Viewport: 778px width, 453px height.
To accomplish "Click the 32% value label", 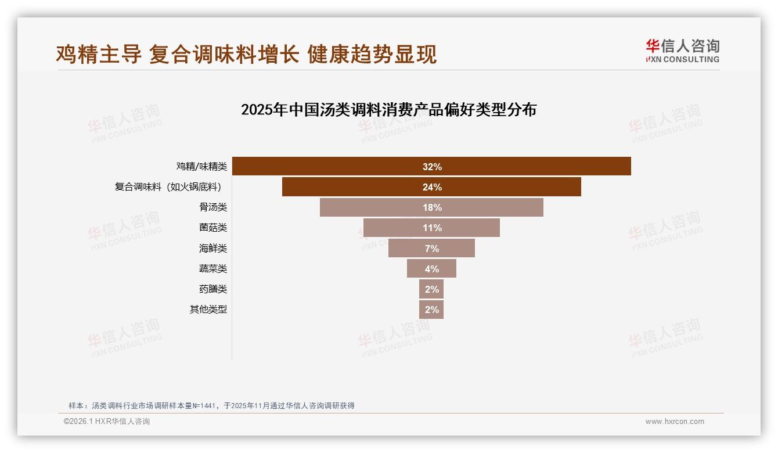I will point(432,167).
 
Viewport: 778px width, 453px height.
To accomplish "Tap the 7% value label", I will point(432,249).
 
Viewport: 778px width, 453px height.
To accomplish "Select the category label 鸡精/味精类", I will point(201,167).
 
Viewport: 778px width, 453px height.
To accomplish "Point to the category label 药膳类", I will point(212,289).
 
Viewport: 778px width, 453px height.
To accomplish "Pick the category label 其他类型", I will point(208,309).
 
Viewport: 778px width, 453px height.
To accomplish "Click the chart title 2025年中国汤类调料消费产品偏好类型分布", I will point(388,110).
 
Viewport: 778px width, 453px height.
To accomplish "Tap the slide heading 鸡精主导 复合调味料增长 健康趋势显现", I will point(246,54).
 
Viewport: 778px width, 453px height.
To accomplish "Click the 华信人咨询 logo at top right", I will point(682,51).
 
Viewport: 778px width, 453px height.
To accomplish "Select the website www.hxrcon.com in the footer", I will point(675,422).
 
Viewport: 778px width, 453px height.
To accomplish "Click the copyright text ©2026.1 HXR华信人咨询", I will point(106,422).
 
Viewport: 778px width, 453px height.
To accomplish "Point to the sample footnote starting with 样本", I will point(211,405).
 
